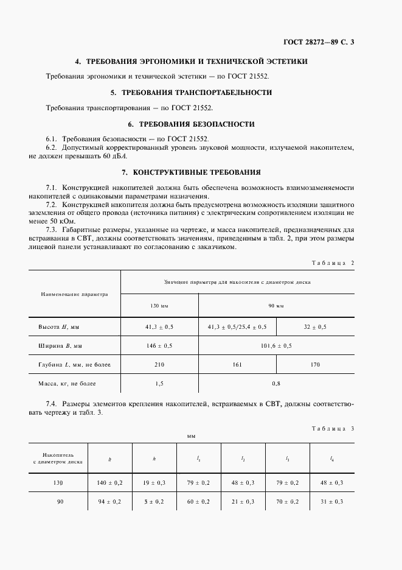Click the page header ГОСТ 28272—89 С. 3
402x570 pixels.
click(318, 42)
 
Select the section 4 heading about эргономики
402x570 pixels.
click(191, 62)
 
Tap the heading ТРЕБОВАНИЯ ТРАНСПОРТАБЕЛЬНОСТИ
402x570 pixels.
click(191, 93)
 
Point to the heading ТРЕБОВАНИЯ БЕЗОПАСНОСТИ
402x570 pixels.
click(191, 124)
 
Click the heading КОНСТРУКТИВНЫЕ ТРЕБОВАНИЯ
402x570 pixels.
click(191, 172)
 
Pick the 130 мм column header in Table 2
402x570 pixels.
click(159, 304)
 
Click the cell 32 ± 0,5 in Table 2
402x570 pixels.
click(315, 327)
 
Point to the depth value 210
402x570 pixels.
click(159, 364)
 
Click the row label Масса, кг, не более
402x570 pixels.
click(69, 384)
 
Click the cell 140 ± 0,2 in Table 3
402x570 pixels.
click(110, 482)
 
